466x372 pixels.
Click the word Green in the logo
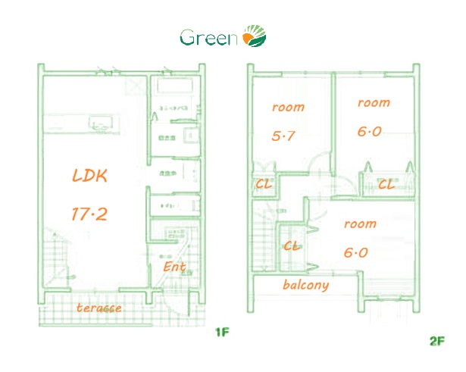tap(208, 37)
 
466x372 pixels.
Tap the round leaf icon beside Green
tap(254, 36)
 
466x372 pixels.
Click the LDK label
tap(90, 176)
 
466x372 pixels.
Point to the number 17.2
tap(89, 214)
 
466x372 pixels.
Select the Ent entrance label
tap(174, 267)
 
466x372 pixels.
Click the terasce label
tap(99, 308)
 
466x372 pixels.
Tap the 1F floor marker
tap(221, 332)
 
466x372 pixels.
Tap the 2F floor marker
tap(436, 341)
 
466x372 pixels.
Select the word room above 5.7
tap(288, 107)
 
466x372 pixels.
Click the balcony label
tap(305, 285)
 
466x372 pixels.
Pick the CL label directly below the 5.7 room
tap(264, 183)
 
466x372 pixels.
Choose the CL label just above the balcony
tap(292, 246)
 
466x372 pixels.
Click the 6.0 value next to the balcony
tap(355, 252)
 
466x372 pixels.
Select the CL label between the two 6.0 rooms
tap(386, 183)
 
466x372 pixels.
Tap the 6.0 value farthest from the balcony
tap(369, 131)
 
